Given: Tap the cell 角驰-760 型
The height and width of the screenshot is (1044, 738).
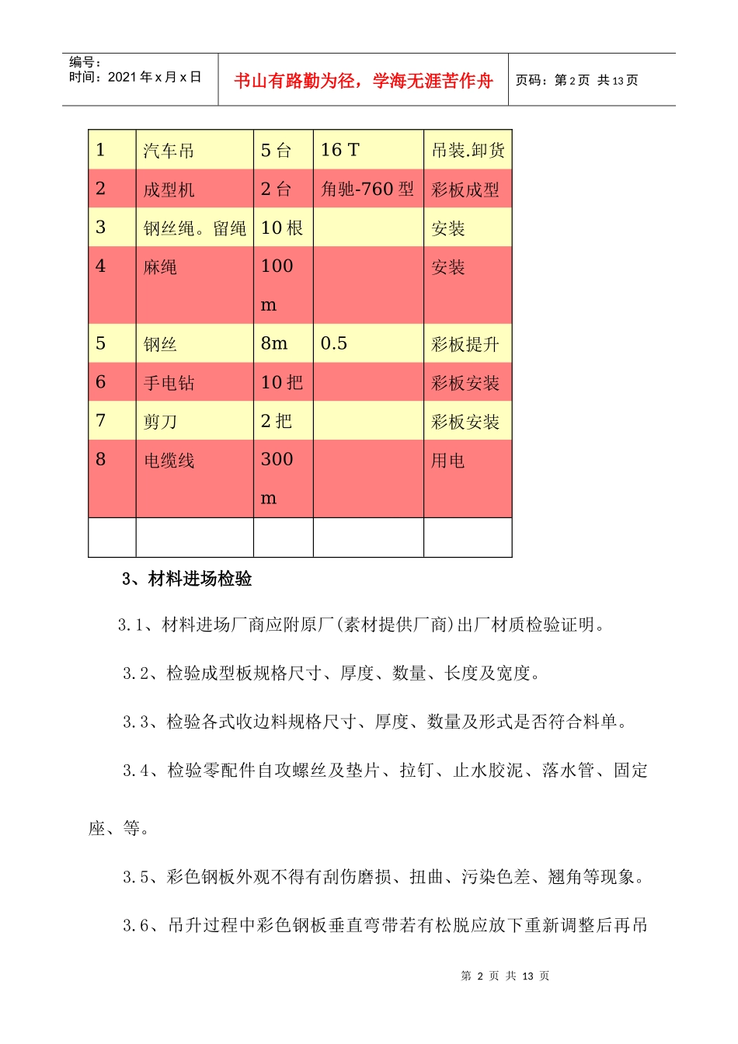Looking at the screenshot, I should (x=367, y=189).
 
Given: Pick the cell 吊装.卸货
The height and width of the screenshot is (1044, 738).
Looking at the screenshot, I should (x=468, y=151).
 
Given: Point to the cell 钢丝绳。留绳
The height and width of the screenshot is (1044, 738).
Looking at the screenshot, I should (x=194, y=228).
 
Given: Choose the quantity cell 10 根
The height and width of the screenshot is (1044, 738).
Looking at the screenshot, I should (x=282, y=228).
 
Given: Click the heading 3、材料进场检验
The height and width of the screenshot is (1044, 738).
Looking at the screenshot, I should (x=187, y=579).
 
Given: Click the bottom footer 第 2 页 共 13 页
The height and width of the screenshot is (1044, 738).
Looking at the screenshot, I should (x=505, y=976).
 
